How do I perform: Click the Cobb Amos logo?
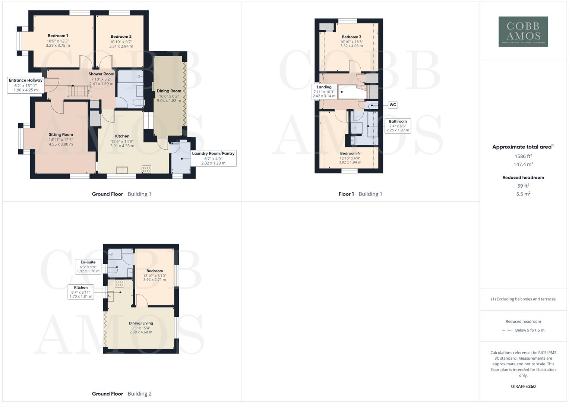pyautogui.click(x=523, y=31)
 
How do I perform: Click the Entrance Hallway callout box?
pyautogui.click(x=26, y=85)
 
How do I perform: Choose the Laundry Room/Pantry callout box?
pyautogui.click(x=213, y=158)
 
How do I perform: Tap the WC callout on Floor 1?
pyautogui.click(x=392, y=105)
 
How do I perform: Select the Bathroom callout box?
pyautogui.click(x=398, y=126)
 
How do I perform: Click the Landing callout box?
pyautogui.click(x=324, y=91)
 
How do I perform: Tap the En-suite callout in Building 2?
pyautogui.click(x=88, y=266)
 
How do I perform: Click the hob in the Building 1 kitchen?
pyautogui.click(x=146, y=169)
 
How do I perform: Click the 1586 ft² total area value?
pyautogui.click(x=523, y=156)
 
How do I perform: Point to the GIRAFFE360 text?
pyautogui.click(x=523, y=386)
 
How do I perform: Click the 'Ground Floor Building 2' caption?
pyautogui.click(x=122, y=394)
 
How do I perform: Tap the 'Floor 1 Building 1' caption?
pyautogui.click(x=360, y=194)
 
